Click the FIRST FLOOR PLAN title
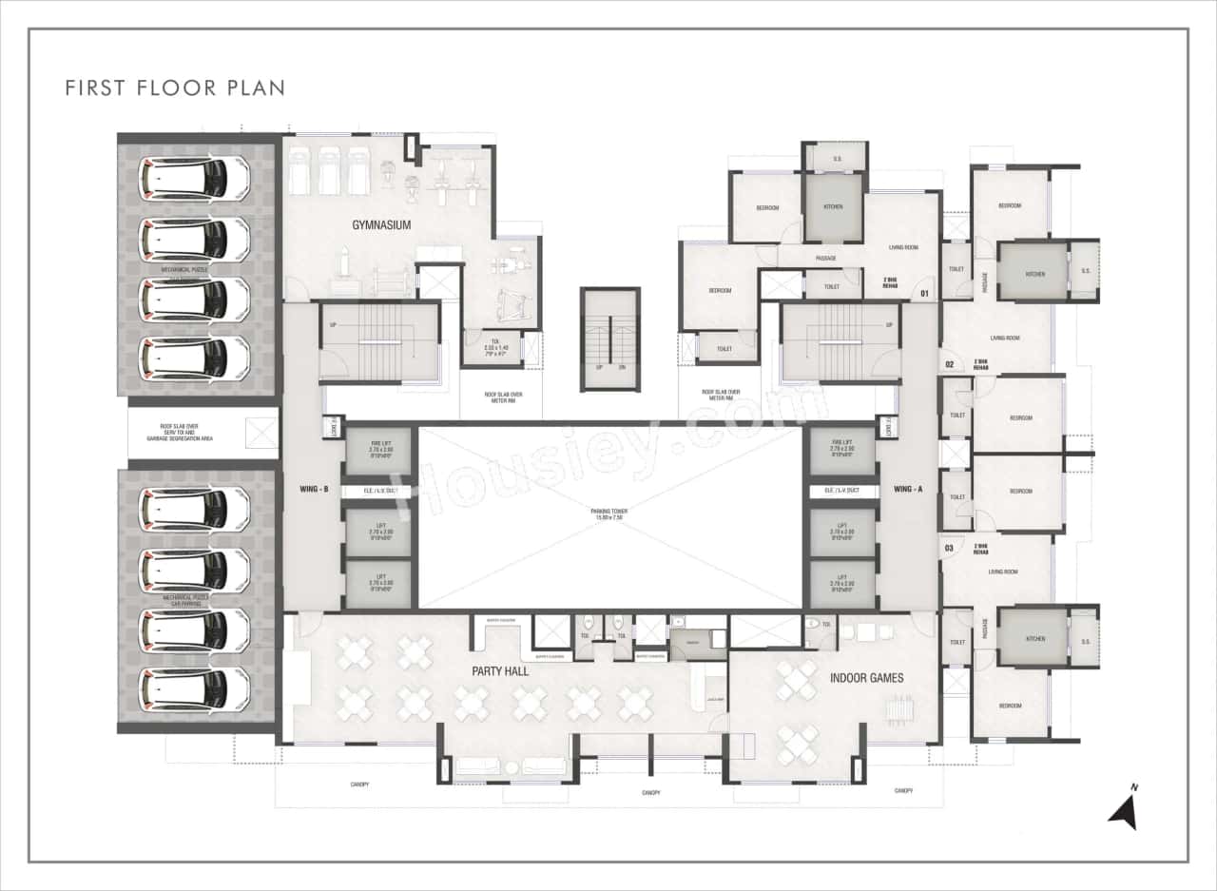pyautogui.click(x=175, y=87)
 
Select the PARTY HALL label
pyautogui.click(x=500, y=670)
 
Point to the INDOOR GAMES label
pyautogui.click(x=866, y=678)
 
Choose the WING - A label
pyautogui.click(x=908, y=490)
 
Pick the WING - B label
pyautogui.click(x=313, y=490)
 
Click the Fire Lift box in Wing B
pyautogui.click(x=378, y=450)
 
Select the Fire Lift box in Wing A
pyautogui.click(x=842, y=450)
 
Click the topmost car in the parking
pyautogui.click(x=195, y=178)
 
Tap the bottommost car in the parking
pyautogui.click(x=195, y=688)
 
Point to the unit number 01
pyautogui.click(x=923, y=294)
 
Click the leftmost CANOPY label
pyautogui.click(x=358, y=784)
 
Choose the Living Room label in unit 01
pyautogui.click(x=903, y=248)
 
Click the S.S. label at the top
pyautogui.click(x=838, y=158)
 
